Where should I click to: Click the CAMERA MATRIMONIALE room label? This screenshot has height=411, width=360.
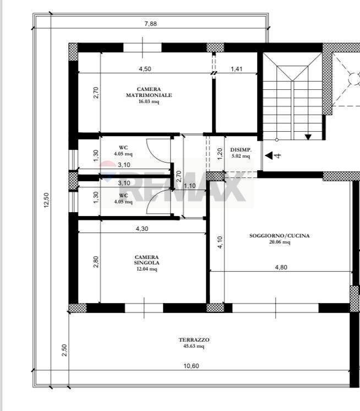point(149,92)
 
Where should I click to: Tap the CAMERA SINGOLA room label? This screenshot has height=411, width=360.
point(146,259)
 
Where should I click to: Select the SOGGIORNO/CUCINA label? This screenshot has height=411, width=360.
point(280,236)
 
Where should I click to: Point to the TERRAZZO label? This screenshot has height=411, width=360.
point(194,340)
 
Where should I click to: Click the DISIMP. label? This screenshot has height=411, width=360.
point(241,150)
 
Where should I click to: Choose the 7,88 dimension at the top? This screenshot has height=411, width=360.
point(150,24)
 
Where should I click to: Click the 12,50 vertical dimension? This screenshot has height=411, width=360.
point(46,200)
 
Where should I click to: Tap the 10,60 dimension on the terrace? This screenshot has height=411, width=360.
point(191,366)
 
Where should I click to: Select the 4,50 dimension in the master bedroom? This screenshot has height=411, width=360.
point(145,69)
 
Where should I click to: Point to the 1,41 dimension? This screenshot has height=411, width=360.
point(236,69)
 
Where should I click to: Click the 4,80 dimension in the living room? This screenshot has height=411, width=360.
point(281,267)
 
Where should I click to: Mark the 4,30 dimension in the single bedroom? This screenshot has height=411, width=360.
point(142,229)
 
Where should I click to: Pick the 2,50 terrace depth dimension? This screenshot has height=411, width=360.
point(64,350)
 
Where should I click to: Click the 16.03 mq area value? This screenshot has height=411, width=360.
point(149,101)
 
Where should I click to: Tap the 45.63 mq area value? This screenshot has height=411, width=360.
point(194,346)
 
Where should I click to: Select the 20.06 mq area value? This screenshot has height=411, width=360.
point(280,242)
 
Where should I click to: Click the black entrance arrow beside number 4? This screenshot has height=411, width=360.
point(269,155)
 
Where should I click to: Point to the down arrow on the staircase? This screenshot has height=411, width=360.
point(308,137)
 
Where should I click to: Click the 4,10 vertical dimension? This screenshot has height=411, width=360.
point(220,242)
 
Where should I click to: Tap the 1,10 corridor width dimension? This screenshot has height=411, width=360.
point(190,186)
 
